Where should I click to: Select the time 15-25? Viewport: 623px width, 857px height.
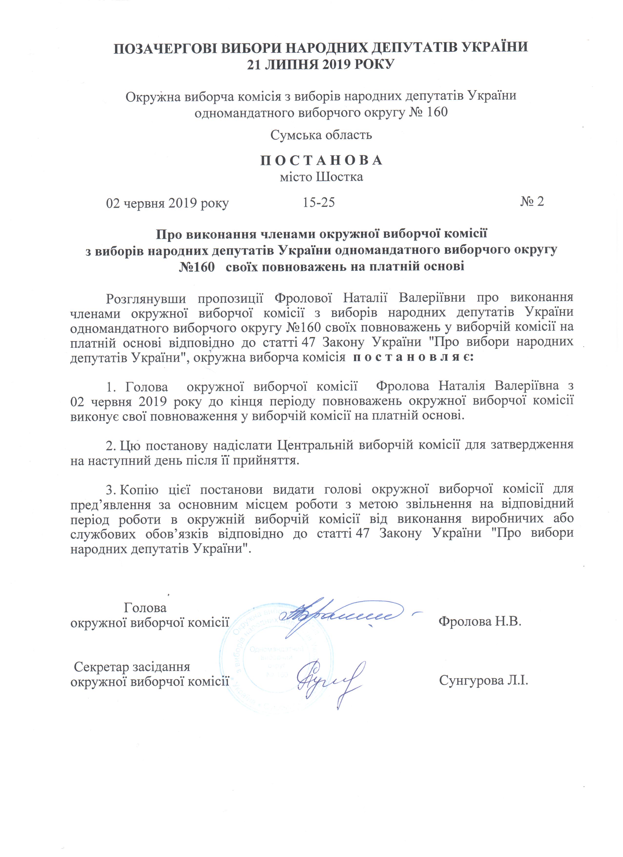[x=319, y=203]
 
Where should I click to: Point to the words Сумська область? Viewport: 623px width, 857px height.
[x=321, y=135]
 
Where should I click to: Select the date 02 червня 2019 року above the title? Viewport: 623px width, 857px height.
[x=167, y=203]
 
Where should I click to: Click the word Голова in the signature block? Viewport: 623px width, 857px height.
[x=145, y=608]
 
